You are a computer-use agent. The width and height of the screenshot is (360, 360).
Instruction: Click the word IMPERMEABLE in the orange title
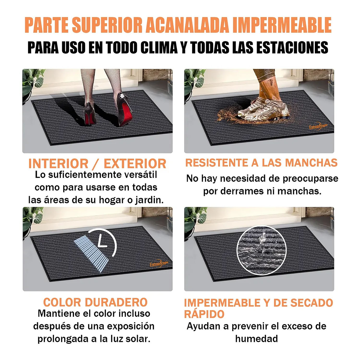[x=282, y=25]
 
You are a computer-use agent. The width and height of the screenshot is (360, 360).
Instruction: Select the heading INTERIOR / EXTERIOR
[x=97, y=164]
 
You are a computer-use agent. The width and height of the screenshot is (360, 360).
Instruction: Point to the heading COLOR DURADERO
[x=95, y=302]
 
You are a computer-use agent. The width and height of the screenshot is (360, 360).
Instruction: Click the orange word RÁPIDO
[x=204, y=314]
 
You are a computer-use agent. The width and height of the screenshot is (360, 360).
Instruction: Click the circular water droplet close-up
[x=261, y=250]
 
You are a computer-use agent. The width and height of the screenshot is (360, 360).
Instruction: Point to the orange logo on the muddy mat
[x=318, y=126]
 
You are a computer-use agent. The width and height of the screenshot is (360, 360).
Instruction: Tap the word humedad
[x=256, y=339]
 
